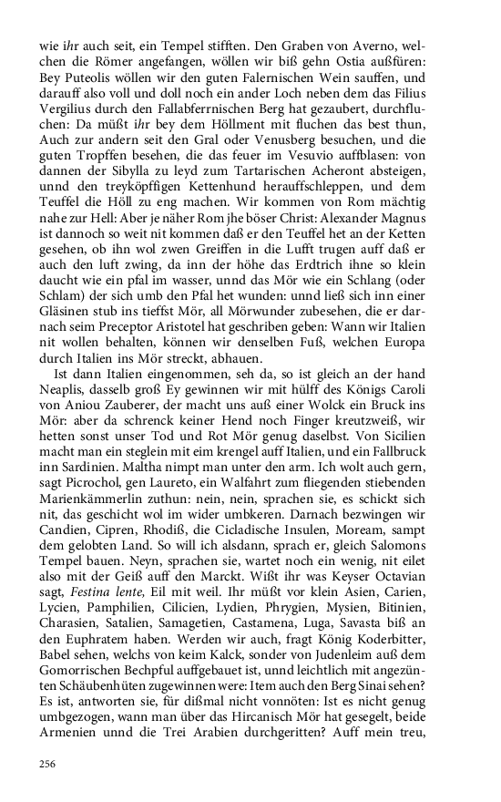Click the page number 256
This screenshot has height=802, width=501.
click(48, 763)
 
